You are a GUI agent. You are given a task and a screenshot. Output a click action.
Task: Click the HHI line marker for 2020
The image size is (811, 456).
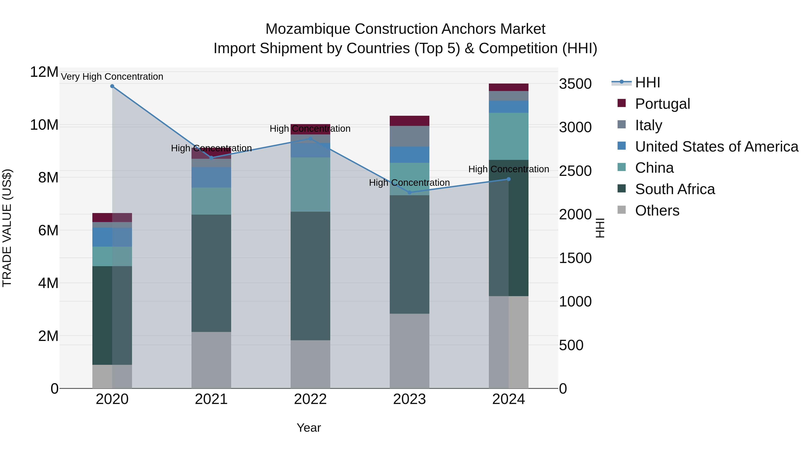click(112, 86)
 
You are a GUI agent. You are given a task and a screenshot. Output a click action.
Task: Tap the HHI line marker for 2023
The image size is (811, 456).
click(409, 192)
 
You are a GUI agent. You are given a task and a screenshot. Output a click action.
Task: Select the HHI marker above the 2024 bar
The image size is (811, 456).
click(508, 179)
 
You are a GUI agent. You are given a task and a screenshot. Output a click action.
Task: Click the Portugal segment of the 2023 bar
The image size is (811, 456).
click(409, 121)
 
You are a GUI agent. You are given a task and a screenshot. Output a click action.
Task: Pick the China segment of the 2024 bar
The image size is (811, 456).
click(508, 136)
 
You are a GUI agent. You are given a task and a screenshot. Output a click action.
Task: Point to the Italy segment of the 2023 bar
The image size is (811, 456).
click(409, 136)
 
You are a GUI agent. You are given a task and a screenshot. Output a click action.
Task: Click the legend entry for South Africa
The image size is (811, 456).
click(675, 189)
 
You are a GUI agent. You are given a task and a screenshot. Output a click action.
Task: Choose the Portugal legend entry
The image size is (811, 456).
click(662, 104)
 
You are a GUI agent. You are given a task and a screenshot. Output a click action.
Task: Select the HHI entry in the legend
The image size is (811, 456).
click(647, 82)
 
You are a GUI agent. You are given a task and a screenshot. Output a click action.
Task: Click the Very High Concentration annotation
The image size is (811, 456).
click(112, 77)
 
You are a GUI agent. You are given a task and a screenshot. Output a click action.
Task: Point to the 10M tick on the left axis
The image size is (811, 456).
click(44, 125)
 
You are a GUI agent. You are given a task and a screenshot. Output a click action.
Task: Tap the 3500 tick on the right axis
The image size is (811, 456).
click(575, 84)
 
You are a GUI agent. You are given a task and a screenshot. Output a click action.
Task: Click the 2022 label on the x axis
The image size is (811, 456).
click(310, 399)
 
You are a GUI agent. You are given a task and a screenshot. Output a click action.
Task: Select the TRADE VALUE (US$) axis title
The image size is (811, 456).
click(7, 228)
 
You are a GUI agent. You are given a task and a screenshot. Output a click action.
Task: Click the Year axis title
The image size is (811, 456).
click(309, 428)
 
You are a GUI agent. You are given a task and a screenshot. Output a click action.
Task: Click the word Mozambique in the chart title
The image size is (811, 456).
click(307, 29)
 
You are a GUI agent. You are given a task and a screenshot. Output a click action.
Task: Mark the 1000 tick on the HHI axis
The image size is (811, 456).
click(575, 302)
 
